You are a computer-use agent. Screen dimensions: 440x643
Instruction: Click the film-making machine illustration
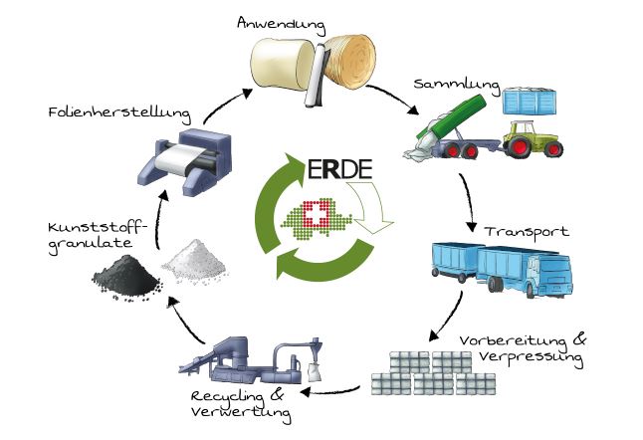[185, 160]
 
